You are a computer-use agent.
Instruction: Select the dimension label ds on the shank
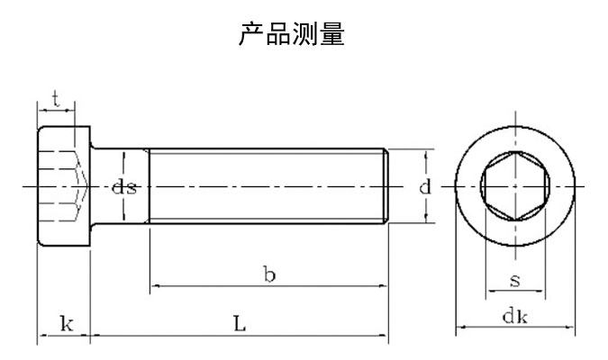[x=124, y=187]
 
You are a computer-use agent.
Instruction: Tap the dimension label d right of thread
[x=424, y=187]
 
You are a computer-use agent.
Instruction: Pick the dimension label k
[x=65, y=324]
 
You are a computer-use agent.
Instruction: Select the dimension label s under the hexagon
[x=514, y=281]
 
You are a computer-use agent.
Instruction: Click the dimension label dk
[x=514, y=316]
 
